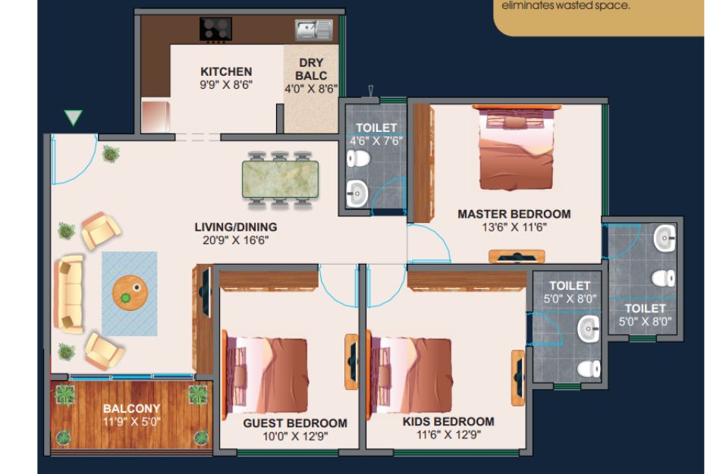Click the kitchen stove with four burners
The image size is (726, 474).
coord(215,29)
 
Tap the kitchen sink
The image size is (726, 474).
coord(314,30)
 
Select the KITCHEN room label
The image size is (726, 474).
coord(226,72)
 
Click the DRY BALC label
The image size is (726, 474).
coord(311,69)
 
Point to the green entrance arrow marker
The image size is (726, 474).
coord(73,117)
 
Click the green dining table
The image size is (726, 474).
coord(280,179)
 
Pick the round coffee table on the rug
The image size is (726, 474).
coord(130,293)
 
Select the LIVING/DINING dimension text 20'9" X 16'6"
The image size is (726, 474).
coord(236,240)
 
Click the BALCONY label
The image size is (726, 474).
coord(131,408)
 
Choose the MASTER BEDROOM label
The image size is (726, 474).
coord(514,215)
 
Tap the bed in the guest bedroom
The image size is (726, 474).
coord(266,375)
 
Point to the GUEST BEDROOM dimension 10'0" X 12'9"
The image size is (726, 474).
coord(295,436)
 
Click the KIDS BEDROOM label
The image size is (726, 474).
coord(448,422)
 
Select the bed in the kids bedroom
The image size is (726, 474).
coord(410,375)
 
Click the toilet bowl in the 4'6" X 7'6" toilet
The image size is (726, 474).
coord(358,159)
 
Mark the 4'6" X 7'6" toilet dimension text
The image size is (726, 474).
coord(376,141)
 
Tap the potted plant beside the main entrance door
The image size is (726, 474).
coord(111,154)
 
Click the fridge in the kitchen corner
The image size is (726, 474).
coord(156,116)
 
